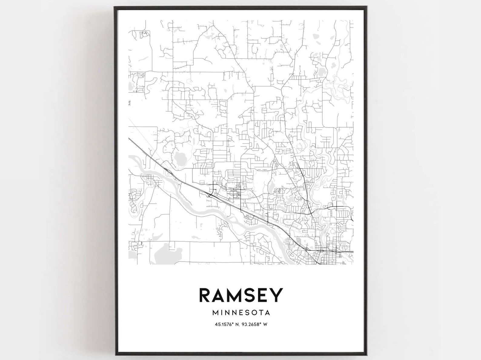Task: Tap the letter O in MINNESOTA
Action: coord(253,312)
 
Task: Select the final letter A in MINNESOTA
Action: coord(267,312)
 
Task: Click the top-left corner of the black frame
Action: coord(114,7)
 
